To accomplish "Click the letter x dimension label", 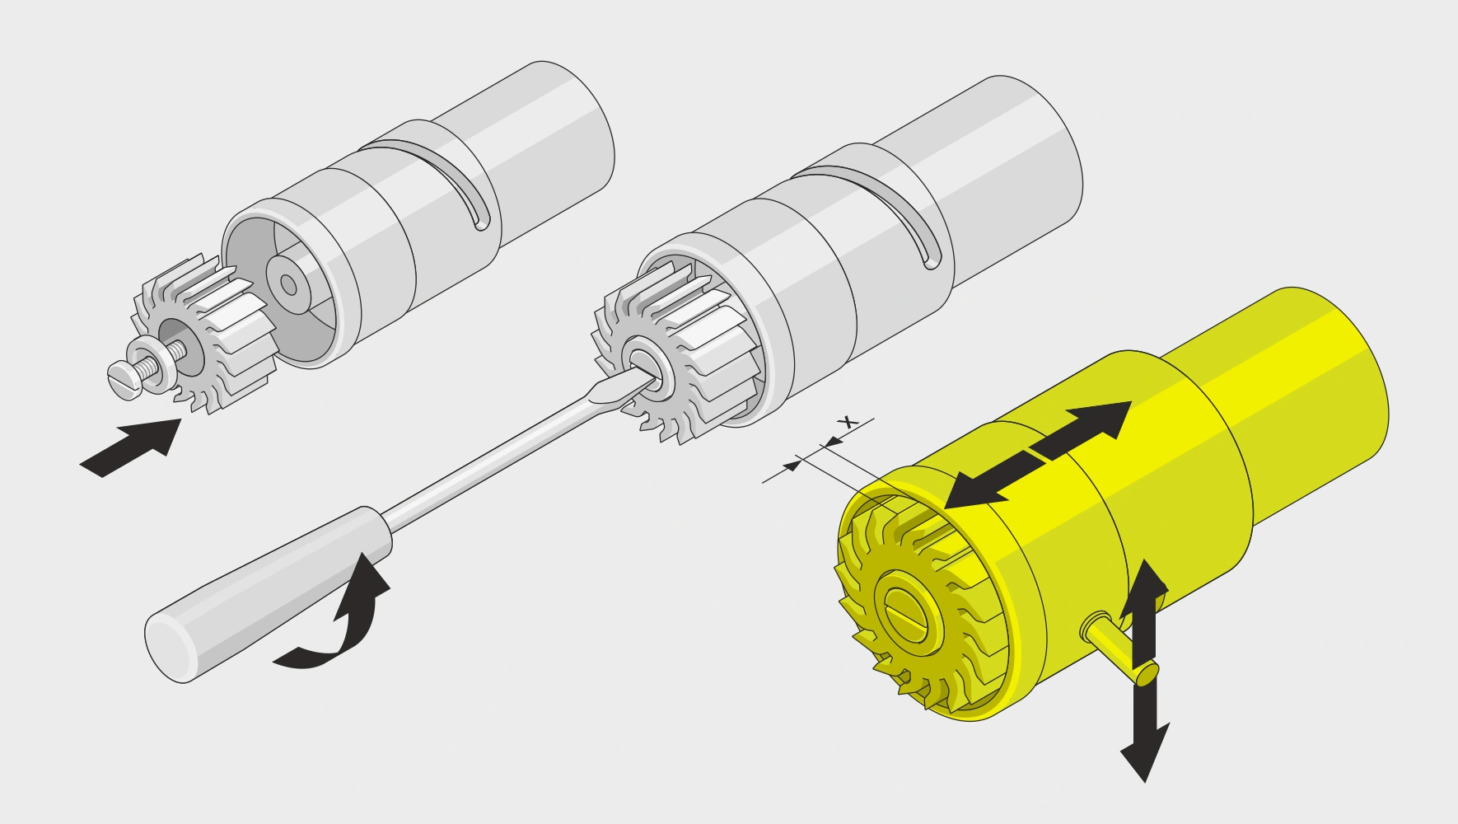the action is pyautogui.click(x=846, y=422).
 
